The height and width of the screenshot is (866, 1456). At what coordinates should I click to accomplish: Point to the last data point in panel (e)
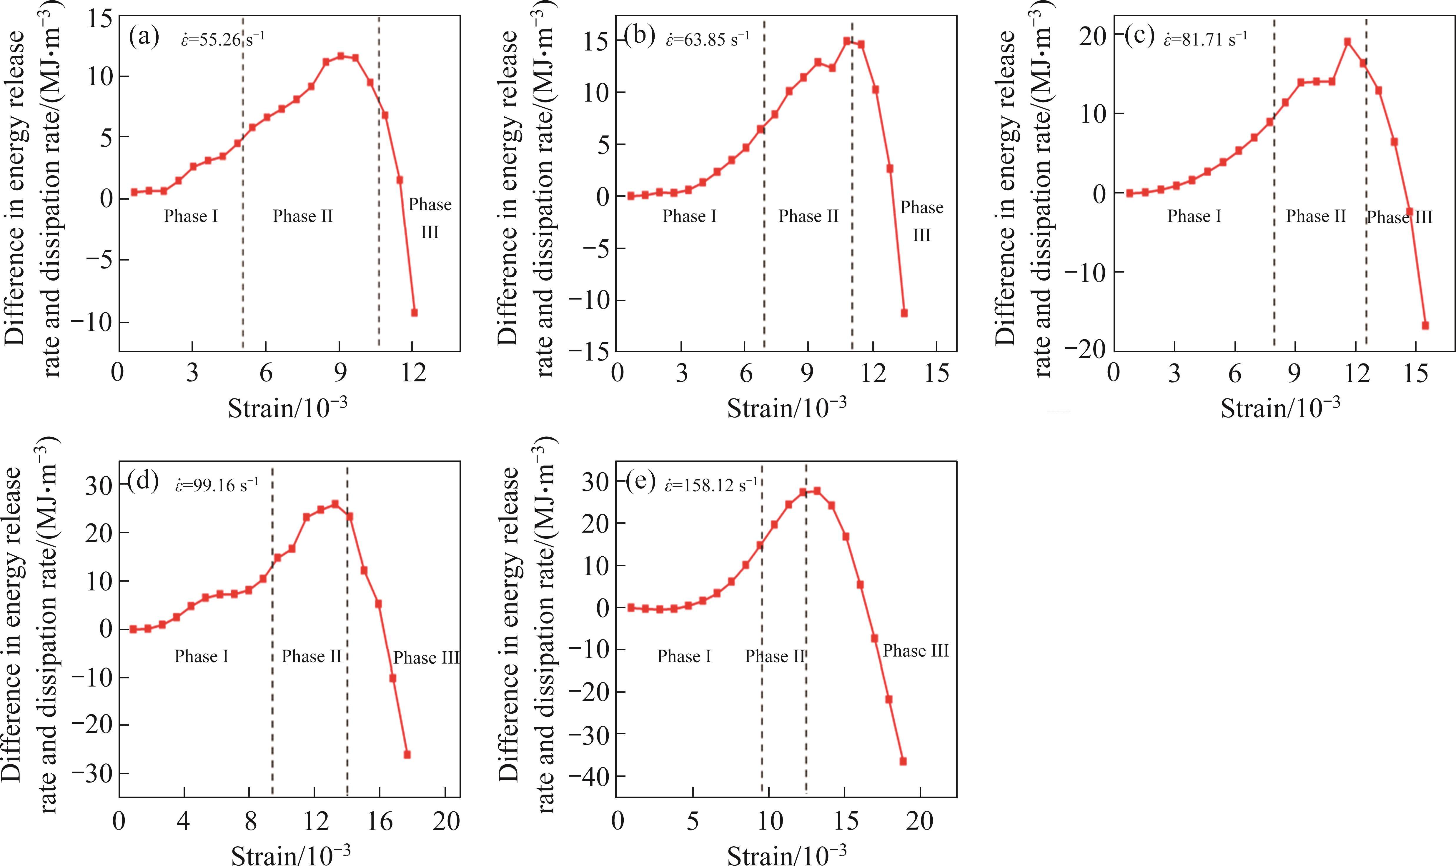click(903, 761)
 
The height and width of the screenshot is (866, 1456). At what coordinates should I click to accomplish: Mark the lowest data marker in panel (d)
click(407, 755)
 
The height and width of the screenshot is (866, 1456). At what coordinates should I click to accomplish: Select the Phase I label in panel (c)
click(1194, 216)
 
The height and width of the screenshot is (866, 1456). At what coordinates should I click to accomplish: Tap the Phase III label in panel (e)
click(915, 651)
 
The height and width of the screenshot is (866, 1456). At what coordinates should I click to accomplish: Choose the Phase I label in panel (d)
click(202, 657)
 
